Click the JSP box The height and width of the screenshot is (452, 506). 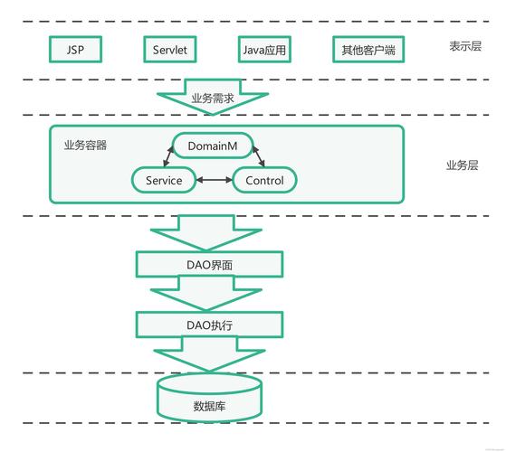(x=75, y=51)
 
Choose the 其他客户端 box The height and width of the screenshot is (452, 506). (x=367, y=51)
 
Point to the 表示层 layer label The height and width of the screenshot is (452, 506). (x=465, y=46)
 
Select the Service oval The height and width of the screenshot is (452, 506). (x=164, y=180)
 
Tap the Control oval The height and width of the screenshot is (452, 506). (x=264, y=180)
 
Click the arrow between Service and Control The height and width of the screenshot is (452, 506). (x=214, y=180)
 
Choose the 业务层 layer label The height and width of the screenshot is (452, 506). (x=462, y=165)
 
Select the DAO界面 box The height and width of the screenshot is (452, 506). (x=209, y=265)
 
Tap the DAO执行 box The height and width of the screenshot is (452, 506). (x=209, y=323)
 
